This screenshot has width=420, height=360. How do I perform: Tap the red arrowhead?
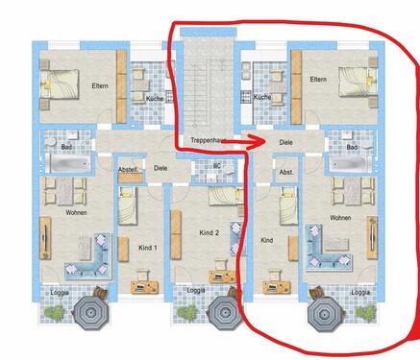click(258, 144)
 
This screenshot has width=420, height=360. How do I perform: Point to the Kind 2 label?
click(210, 233)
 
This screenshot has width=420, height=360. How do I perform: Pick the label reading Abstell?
click(127, 169)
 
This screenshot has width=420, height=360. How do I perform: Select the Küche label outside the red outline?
click(154, 99)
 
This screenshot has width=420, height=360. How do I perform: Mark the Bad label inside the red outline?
click(352, 147)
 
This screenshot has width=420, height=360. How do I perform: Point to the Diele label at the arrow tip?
click(285, 143)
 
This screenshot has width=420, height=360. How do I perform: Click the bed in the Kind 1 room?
click(128, 204)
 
